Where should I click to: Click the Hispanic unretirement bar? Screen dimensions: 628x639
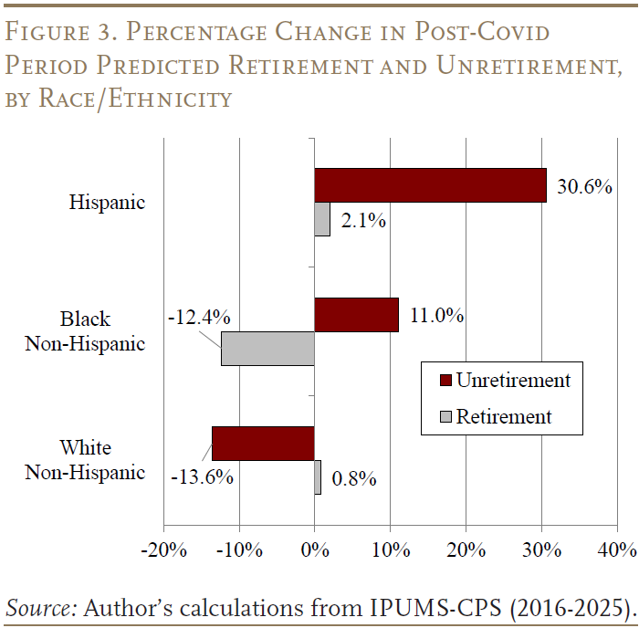click(x=430, y=185)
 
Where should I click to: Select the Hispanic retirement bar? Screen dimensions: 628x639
click(x=322, y=219)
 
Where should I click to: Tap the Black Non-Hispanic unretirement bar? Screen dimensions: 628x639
click(x=356, y=315)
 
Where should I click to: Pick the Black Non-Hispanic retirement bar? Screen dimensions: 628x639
click(x=267, y=349)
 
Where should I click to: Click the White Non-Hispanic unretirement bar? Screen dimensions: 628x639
click(x=263, y=444)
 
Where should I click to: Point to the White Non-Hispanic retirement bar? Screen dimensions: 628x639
click(x=318, y=477)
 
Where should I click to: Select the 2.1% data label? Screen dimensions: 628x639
click(x=362, y=221)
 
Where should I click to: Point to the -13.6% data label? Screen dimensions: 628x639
click(x=202, y=477)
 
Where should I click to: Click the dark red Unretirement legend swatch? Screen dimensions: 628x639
click(x=445, y=381)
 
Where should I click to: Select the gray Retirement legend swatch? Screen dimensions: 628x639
click(x=445, y=417)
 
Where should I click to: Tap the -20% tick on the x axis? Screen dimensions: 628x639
click(x=163, y=550)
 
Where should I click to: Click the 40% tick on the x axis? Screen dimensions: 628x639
click(x=617, y=550)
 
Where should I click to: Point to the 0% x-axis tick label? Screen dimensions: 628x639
click(x=315, y=550)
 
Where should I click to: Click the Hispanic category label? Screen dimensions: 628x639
click(x=107, y=203)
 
